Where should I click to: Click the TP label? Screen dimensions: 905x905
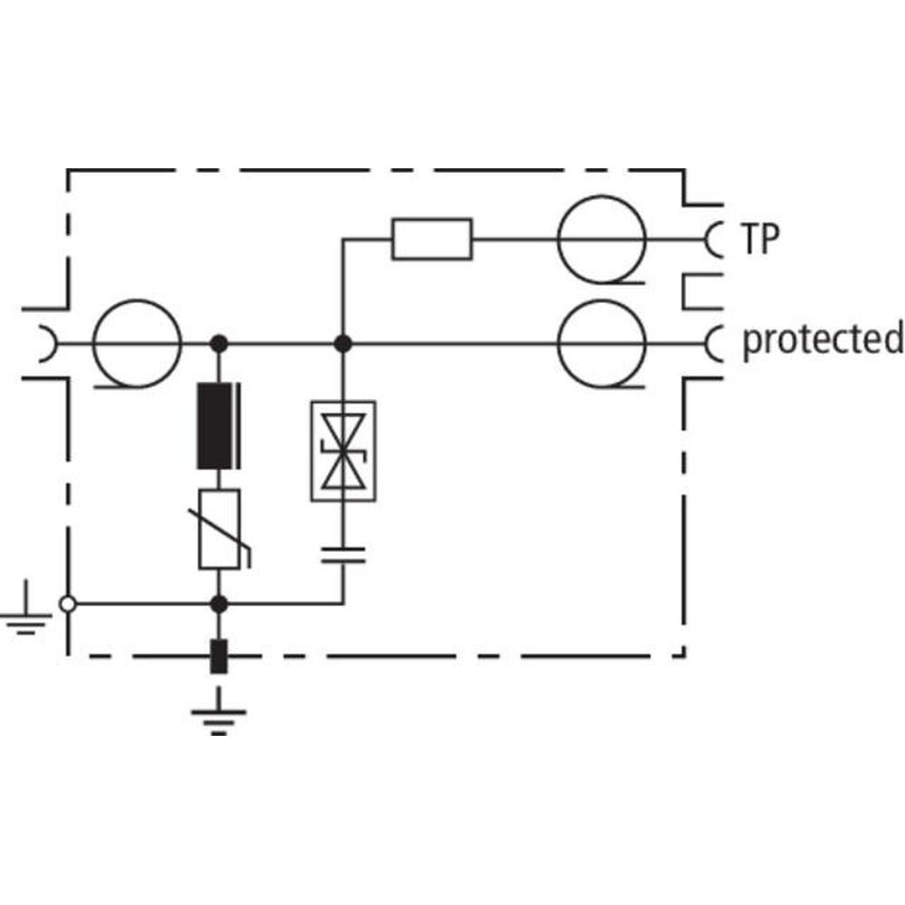(761, 239)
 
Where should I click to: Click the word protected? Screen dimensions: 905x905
(822, 340)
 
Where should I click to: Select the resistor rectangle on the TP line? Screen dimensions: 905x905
(432, 239)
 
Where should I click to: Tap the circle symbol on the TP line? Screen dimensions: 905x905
(601, 240)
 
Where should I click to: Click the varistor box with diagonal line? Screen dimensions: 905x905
(218, 529)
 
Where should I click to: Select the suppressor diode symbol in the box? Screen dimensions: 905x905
(342, 451)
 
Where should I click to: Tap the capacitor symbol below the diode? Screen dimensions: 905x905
(343, 554)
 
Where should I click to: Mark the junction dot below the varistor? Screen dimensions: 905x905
(217, 603)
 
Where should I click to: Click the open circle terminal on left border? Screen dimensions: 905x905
(67, 603)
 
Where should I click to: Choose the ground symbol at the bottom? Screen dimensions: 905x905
(217, 715)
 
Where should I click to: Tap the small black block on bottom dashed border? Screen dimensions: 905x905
(217, 656)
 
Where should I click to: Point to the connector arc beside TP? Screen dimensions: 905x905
(712, 240)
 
